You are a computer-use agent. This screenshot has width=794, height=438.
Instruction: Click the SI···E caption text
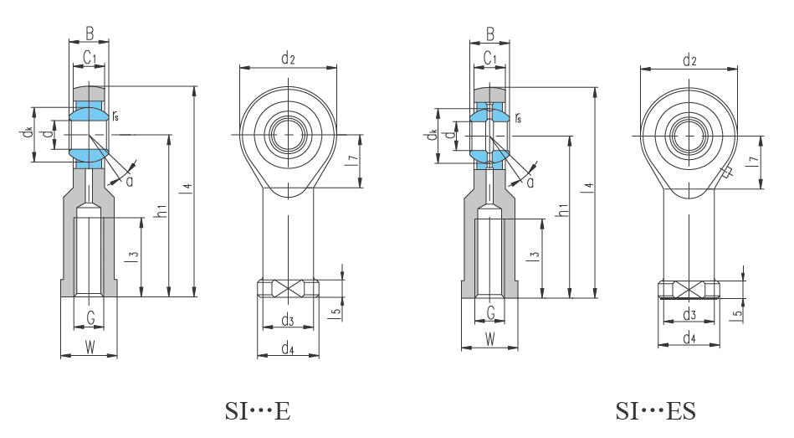pos(258,410)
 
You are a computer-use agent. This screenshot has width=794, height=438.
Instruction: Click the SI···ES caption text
pos(656,410)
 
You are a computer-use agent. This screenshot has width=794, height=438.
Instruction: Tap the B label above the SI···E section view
pos(90,33)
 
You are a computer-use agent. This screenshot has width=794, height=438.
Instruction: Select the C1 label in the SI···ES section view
pos(489,59)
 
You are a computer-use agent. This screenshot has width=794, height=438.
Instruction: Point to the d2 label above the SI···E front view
pos(288,59)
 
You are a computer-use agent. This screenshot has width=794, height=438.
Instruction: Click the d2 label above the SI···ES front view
pos(689,60)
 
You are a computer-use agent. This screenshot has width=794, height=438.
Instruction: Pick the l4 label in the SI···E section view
pos(187,188)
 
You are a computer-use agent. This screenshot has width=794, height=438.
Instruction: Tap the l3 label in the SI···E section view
pos(134,257)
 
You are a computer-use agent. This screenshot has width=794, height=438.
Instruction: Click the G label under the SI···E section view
pos(90,318)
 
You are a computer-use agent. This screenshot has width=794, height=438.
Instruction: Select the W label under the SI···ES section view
pos(489,339)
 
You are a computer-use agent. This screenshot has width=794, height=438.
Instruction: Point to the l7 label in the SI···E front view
pos(353,161)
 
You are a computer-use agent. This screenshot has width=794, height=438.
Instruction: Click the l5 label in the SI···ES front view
pos(738,312)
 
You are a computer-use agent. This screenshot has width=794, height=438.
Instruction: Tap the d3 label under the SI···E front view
pos(288,320)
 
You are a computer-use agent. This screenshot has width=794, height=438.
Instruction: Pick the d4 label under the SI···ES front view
pos(689,338)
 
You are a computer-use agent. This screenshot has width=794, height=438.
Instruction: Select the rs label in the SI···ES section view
pos(518,117)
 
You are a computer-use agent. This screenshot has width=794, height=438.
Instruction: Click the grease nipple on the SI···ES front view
pos(725,173)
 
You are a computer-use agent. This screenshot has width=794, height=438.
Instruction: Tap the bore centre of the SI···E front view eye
pos(288,134)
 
